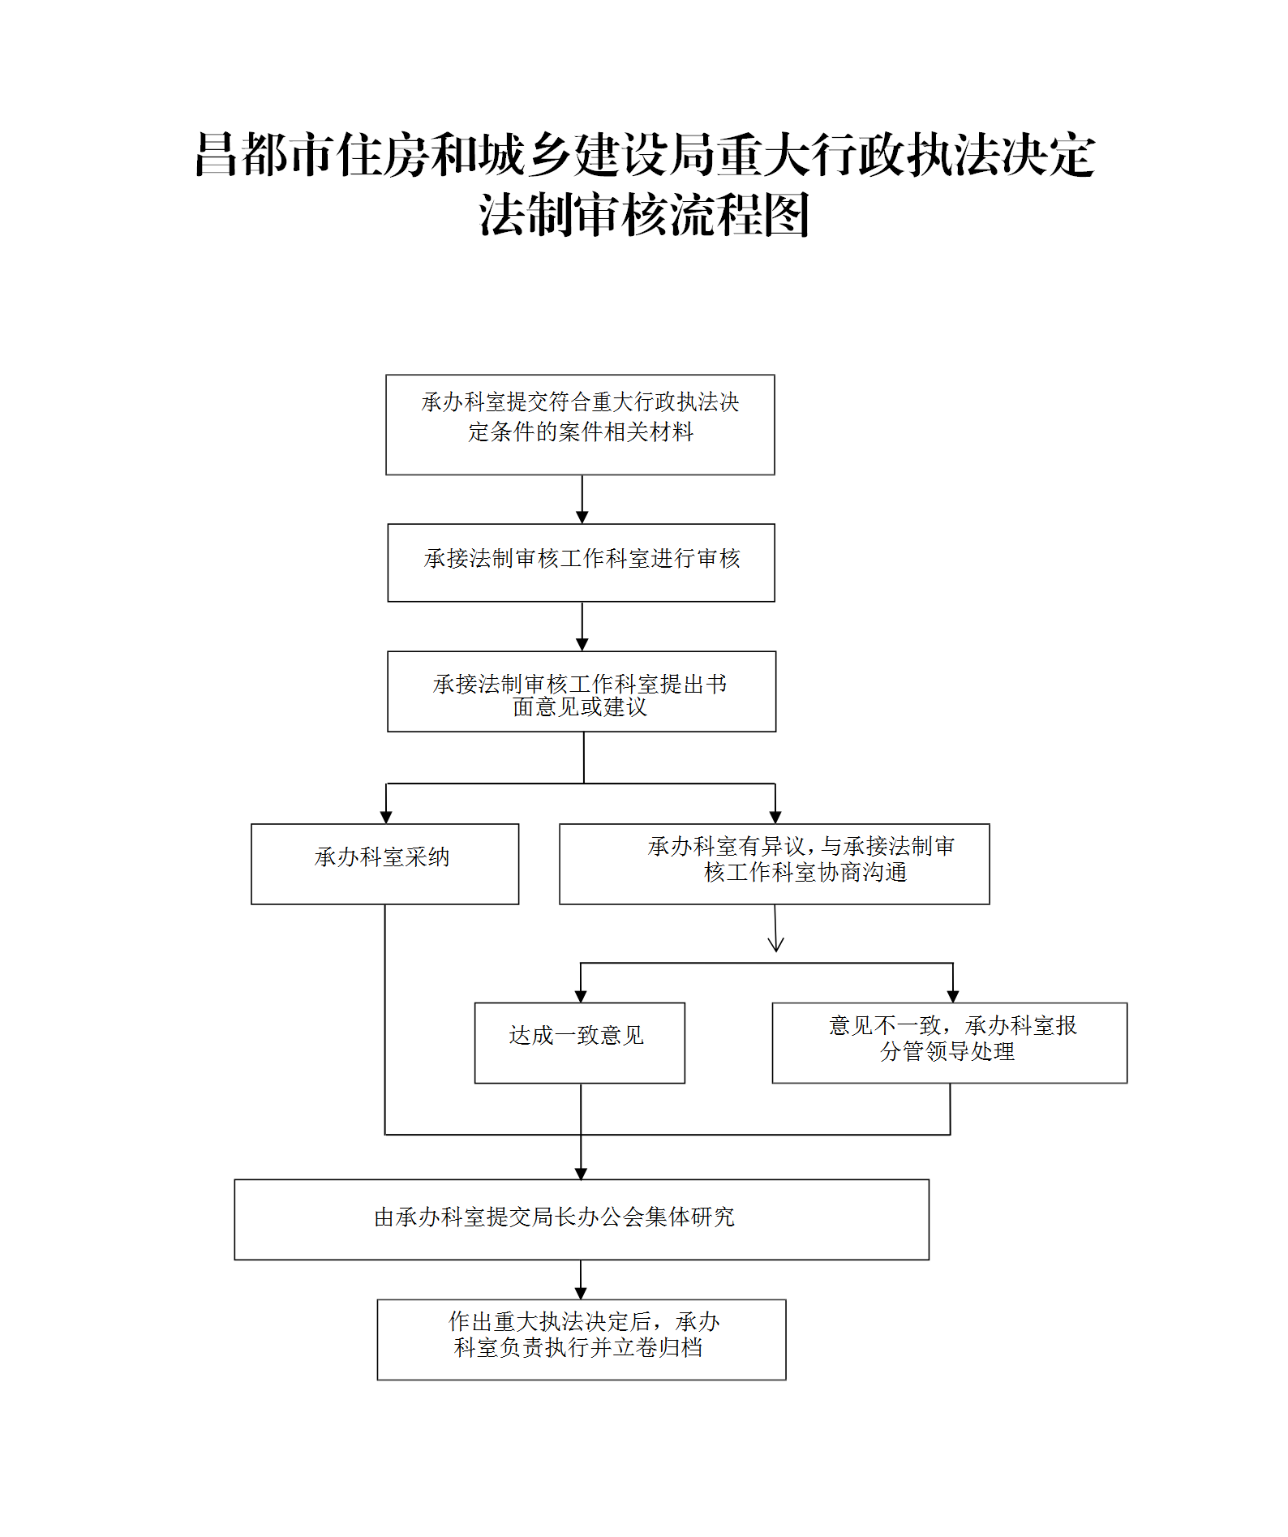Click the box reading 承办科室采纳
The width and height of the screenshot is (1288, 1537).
click(x=384, y=864)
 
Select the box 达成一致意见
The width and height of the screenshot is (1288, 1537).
click(x=579, y=1042)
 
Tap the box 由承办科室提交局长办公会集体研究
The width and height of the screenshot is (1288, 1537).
click(x=581, y=1219)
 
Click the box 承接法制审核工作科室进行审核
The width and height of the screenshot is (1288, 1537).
click(x=581, y=562)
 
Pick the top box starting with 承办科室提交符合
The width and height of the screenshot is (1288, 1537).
click(x=580, y=424)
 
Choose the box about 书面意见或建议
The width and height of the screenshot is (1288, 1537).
click(x=581, y=691)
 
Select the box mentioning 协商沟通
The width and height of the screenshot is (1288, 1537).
click(x=774, y=864)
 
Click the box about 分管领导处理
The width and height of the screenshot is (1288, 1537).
click(x=949, y=1042)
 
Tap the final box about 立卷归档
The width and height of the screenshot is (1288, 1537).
click(x=581, y=1339)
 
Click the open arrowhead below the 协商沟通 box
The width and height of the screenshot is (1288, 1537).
click(x=775, y=943)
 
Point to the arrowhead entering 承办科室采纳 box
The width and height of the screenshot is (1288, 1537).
click(x=386, y=817)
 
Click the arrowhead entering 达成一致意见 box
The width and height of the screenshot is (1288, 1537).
click(x=581, y=996)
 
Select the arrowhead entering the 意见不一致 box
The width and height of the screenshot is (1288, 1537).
click(x=953, y=996)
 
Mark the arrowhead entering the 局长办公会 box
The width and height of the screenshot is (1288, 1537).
click(x=581, y=1173)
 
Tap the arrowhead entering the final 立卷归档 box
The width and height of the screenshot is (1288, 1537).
click(x=581, y=1293)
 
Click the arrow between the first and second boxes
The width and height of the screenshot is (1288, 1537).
click(x=582, y=500)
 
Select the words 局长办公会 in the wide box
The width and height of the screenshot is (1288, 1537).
click(x=590, y=1217)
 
